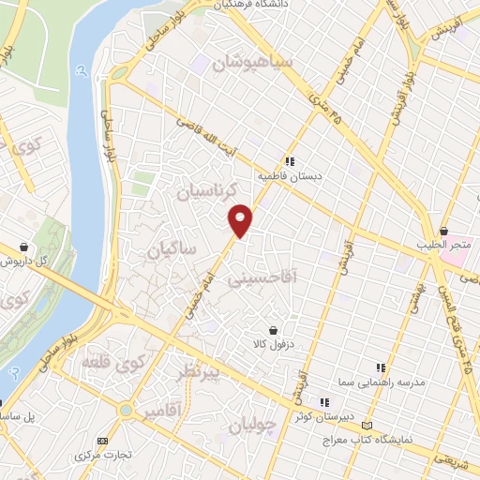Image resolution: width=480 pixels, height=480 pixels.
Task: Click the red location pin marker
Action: click(x=241, y=219)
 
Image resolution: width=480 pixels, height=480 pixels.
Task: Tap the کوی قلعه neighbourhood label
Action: click(x=113, y=361)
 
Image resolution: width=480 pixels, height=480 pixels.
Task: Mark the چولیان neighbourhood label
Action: click(x=253, y=427)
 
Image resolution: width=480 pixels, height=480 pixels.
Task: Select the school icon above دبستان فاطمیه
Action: click(x=291, y=160)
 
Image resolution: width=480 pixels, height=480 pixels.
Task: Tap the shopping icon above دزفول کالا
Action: click(x=273, y=330)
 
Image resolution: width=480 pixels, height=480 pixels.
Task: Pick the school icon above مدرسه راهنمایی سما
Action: click(x=380, y=368)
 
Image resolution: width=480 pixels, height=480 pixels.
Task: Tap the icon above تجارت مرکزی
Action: click(x=103, y=441)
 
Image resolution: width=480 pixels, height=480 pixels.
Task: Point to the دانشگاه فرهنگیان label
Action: click(x=272, y=6)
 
